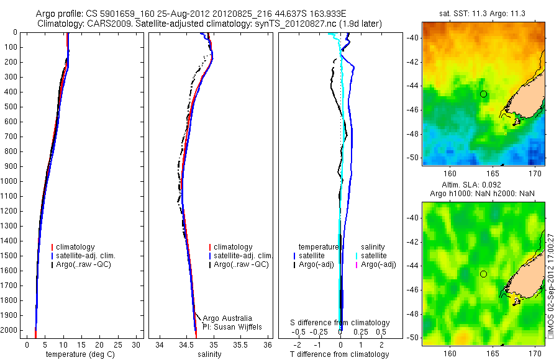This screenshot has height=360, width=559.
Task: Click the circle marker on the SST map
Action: [x=484, y=94]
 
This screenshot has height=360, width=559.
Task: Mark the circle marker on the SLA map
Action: [x=483, y=274]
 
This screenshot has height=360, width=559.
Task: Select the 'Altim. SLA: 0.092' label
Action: [x=483, y=186]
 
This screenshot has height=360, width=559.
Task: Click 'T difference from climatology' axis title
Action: [x=340, y=354]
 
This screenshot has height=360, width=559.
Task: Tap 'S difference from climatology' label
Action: [x=340, y=323]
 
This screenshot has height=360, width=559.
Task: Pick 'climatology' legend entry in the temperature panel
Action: [x=75, y=247]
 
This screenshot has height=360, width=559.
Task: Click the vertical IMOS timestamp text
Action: [x=550, y=285]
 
